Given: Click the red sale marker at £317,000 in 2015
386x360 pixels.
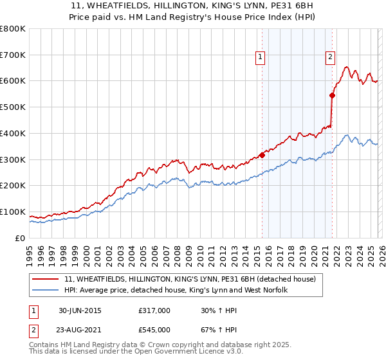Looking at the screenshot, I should pos(262,155).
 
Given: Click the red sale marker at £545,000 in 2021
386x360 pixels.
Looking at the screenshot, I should pos(333,95).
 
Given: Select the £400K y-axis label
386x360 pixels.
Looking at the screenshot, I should pos(13,134).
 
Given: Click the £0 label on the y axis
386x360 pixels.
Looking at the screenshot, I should pos(19,239).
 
